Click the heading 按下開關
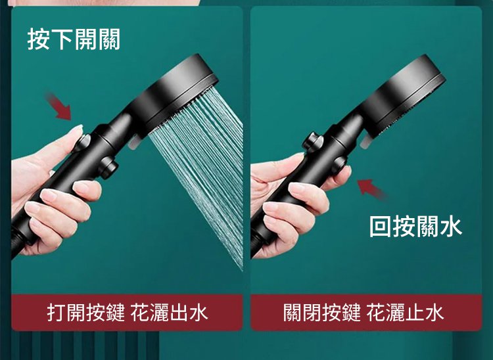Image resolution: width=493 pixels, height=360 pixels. tap(74, 39)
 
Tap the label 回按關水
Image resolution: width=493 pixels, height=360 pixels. tap(415, 226)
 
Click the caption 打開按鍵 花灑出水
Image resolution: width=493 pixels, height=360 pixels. tap(128, 313)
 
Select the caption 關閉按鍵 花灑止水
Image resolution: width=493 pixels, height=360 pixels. tap(364, 313)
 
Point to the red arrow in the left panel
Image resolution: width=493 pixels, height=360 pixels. tap(59, 106)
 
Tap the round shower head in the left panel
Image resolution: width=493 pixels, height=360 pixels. tap(173, 94)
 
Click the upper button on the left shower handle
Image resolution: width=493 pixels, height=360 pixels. tap(82, 143)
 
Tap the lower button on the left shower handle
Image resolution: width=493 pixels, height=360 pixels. tap(108, 167)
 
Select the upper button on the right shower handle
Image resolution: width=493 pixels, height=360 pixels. tap(313, 142)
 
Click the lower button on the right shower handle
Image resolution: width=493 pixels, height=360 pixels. tap(340, 164)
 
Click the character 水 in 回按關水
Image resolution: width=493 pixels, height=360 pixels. tap(451, 226)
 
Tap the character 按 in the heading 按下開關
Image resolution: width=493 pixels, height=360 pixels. tap(39, 39)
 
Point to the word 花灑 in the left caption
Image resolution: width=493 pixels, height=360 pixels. tap(149, 313)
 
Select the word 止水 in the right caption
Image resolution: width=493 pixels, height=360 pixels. tap(425, 313)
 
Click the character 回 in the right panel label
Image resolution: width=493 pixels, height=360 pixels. tap(380, 226)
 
